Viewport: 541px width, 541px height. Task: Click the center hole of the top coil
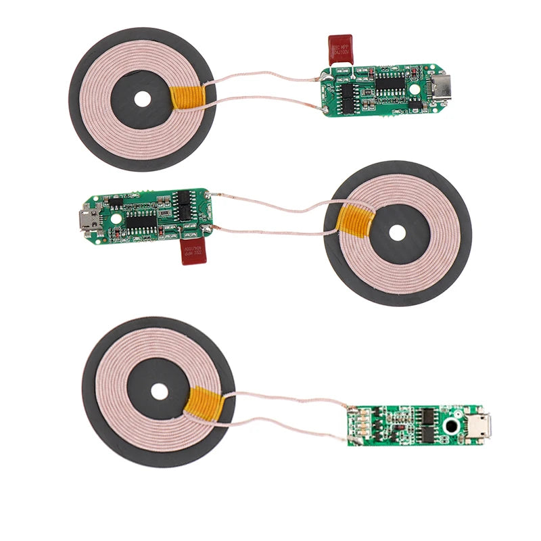point(142,99)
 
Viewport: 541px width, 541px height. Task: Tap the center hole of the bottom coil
point(159,392)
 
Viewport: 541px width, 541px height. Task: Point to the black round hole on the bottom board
point(450,427)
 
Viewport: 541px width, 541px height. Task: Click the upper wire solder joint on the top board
point(323,78)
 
